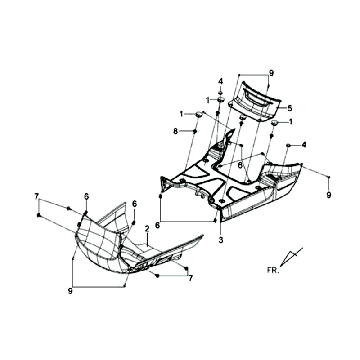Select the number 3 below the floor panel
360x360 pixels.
pyautogui.click(x=221, y=241)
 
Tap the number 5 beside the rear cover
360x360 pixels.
pyautogui.click(x=289, y=107)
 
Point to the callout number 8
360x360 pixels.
pyautogui.click(x=176, y=131)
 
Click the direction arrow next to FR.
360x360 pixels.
pyautogui.click(x=291, y=259)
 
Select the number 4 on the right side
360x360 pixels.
pyautogui.click(x=304, y=147)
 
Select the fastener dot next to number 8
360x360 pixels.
pyautogui.click(x=198, y=132)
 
